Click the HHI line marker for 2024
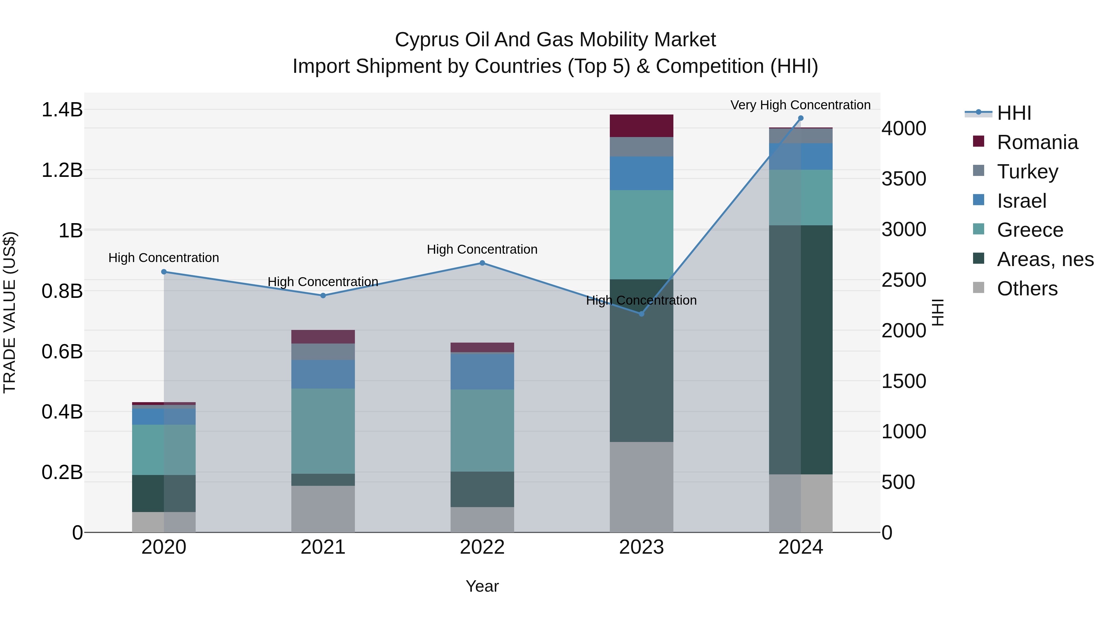[801, 118]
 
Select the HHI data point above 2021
[323, 295]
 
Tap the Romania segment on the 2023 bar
[641, 126]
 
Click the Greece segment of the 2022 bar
[482, 431]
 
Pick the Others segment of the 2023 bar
[641, 487]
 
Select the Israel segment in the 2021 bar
[323, 374]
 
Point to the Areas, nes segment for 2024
[801, 350]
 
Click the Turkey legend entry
[1027, 172]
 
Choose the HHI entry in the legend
[1013, 113]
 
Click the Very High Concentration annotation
[801, 105]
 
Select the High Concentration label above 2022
[482, 249]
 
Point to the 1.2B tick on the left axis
[62, 170]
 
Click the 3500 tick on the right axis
[904, 179]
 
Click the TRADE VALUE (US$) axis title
[10, 312]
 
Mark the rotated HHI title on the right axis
[938, 312]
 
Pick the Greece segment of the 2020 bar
[164, 450]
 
